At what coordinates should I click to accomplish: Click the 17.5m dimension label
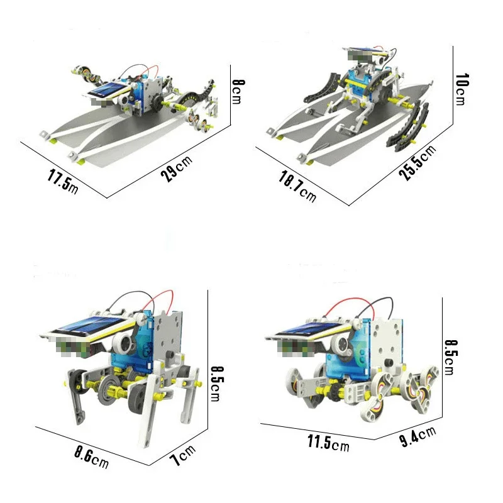63,182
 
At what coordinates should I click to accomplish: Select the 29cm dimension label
177,168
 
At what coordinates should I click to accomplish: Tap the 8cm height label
238,92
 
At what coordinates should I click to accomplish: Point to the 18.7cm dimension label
297,186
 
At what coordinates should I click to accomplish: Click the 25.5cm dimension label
417,162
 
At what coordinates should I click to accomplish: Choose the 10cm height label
462,89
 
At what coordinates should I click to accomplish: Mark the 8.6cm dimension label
91,458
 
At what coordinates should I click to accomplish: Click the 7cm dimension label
182,455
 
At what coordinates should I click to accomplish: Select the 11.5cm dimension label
328,443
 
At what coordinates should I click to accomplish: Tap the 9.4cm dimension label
417,436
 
